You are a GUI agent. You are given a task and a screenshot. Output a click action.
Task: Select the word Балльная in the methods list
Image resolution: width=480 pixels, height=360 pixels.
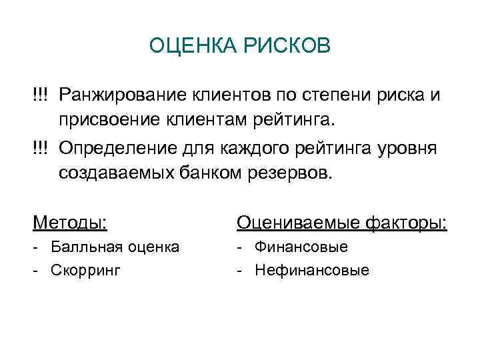point(81,247)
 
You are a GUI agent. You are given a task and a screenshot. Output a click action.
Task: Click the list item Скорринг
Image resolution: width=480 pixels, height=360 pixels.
point(83,271)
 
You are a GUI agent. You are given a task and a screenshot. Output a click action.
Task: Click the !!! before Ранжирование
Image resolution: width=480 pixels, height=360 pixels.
point(40,95)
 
